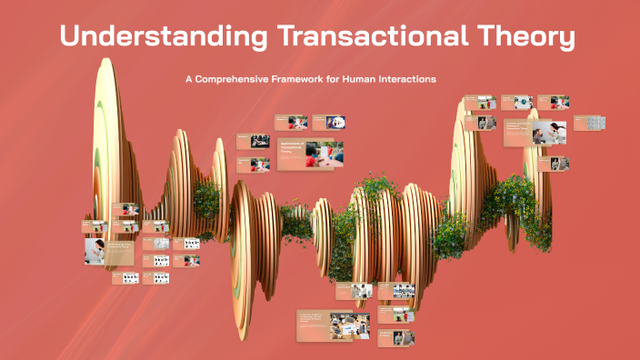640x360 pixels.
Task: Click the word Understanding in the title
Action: (164, 38)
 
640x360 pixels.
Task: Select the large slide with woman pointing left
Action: (536, 134)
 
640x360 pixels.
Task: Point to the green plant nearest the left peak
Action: (206, 196)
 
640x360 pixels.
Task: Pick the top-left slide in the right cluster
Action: (478, 103)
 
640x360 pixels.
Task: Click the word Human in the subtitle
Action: (360, 79)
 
